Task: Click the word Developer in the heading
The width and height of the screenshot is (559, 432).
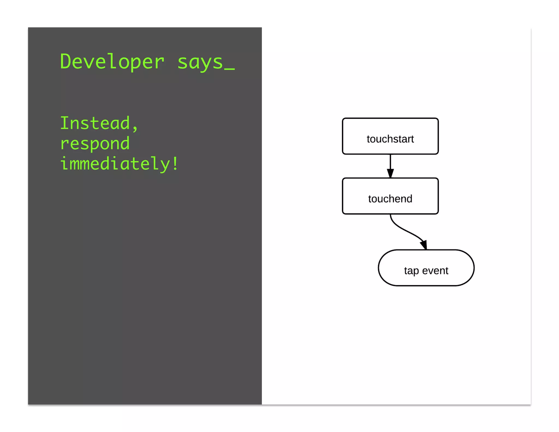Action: point(112,62)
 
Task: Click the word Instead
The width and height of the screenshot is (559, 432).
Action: point(95,123)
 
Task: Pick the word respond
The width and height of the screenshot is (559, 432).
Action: point(95,144)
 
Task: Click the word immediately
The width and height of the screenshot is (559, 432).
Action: point(115,164)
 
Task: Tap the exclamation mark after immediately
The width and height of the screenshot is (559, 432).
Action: point(175,163)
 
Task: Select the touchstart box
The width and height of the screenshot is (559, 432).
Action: point(390,136)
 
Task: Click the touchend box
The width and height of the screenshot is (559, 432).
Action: point(390,196)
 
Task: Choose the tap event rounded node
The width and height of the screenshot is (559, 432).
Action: point(426,268)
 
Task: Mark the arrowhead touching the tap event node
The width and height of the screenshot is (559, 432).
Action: point(424,245)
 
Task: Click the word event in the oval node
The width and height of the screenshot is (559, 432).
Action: point(435,271)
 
